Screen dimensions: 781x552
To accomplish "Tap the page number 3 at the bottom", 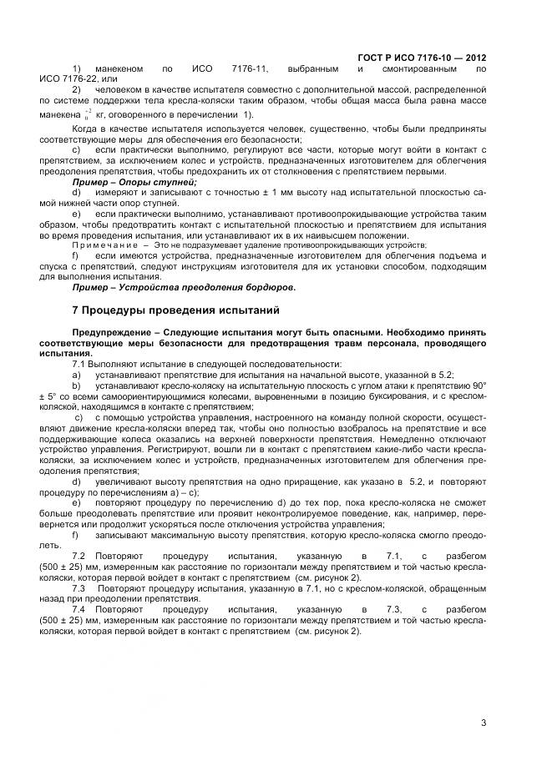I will click(x=484, y=723).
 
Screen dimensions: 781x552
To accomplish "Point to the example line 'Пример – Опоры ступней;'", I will click(x=134, y=181).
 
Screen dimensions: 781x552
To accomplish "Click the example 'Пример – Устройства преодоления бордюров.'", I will click(x=184, y=287).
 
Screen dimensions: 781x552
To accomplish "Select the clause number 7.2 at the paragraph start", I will click(x=81, y=555).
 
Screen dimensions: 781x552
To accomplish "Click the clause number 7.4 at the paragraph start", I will click(x=81, y=610).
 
